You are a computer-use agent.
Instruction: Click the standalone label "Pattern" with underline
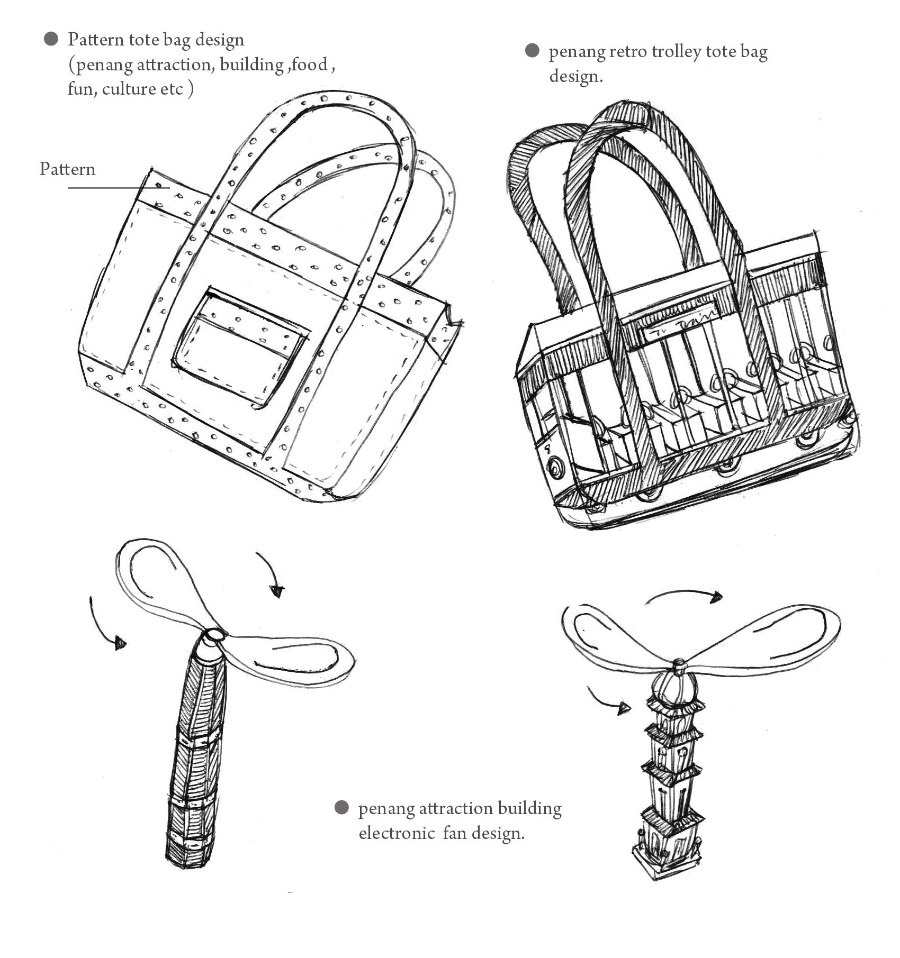pyautogui.click(x=67, y=170)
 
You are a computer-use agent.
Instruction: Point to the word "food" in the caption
pyautogui.click(x=309, y=64)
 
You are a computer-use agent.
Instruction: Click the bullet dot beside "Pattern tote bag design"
pyautogui.click(x=51, y=39)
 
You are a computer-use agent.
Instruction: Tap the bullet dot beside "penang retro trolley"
pyautogui.click(x=532, y=51)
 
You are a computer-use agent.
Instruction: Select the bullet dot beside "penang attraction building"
pyautogui.click(x=342, y=808)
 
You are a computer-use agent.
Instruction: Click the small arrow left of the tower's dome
pyautogui.click(x=609, y=701)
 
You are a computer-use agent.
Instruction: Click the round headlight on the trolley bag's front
pyautogui.click(x=556, y=468)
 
